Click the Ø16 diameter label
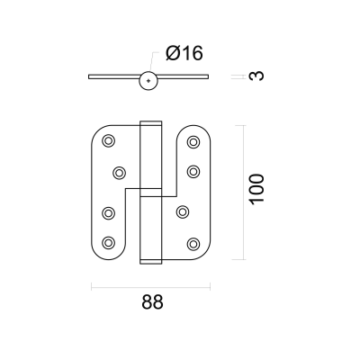pyautogui.click(x=184, y=54)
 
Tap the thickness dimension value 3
pyautogui.click(x=256, y=76)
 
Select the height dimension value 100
pyautogui.click(x=257, y=189)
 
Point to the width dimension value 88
pyautogui.click(x=152, y=301)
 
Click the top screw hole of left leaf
pyautogui.click(x=108, y=140)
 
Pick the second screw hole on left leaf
pyautogui.click(x=120, y=173)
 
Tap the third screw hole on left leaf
pyautogui.click(x=108, y=213)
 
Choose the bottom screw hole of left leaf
pyautogui.click(x=108, y=242)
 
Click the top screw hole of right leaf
pyautogui.click(x=193, y=142)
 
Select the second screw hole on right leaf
pyautogui.click(x=193, y=172)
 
